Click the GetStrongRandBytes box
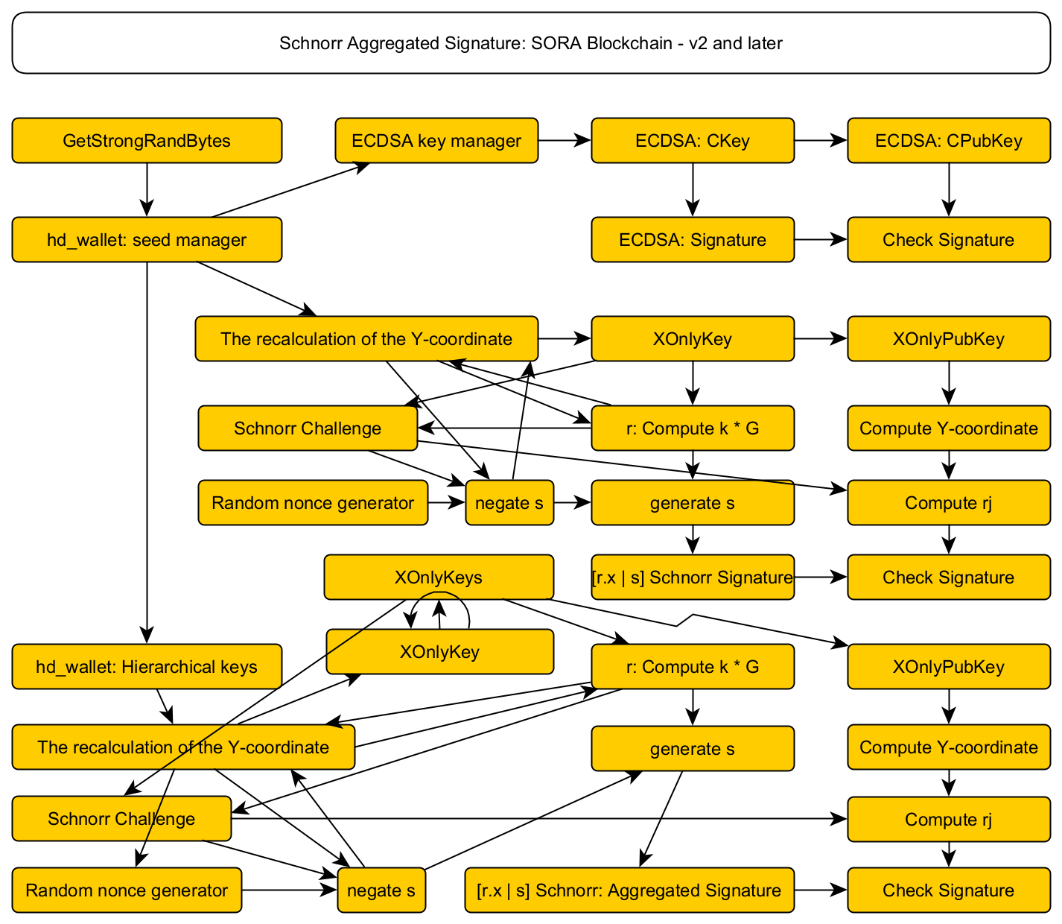point(147,140)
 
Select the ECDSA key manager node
point(436,140)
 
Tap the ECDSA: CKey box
point(693,140)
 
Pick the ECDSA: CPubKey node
point(948,140)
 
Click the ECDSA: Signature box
point(693,240)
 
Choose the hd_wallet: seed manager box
point(147,240)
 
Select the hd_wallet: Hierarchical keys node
point(147,666)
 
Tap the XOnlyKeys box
point(439,577)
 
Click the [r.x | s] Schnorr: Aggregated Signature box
point(629,890)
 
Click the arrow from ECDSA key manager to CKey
point(565,140)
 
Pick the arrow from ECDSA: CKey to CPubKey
point(821,140)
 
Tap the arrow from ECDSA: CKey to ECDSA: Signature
point(693,189)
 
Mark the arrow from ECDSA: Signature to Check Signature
point(821,240)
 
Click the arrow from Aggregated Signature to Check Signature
point(821,890)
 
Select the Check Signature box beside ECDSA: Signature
point(948,240)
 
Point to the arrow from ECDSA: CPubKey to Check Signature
point(948,189)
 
